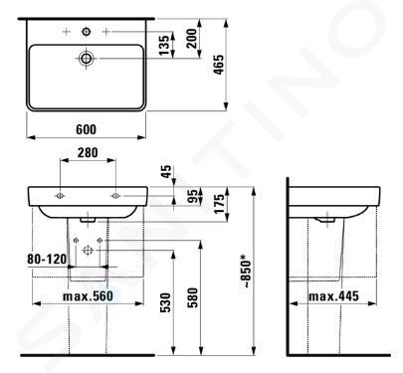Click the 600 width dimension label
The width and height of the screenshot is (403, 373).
[x=87, y=129]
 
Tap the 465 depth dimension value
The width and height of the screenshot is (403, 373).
[x=219, y=65]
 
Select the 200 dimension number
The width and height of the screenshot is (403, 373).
[x=191, y=39]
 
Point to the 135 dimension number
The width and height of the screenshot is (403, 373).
[x=164, y=46]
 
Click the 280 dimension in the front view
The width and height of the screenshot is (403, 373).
[x=88, y=153]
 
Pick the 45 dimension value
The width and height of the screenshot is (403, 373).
[x=166, y=171]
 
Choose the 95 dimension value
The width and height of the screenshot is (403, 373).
[x=192, y=196]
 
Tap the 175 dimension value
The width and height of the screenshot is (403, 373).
[x=220, y=204]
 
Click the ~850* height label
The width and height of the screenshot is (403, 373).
[x=247, y=271]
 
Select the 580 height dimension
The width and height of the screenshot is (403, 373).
[x=192, y=297]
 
